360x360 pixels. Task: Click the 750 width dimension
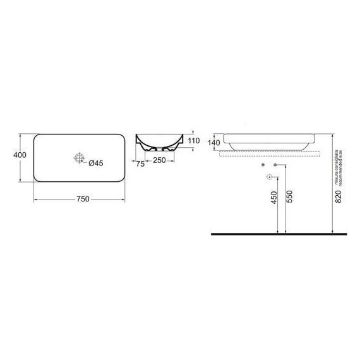(81, 199)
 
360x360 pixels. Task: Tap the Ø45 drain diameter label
(95, 163)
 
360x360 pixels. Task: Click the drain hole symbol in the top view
(79, 158)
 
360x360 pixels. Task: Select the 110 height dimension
(194, 140)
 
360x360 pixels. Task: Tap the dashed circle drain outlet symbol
(269, 176)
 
